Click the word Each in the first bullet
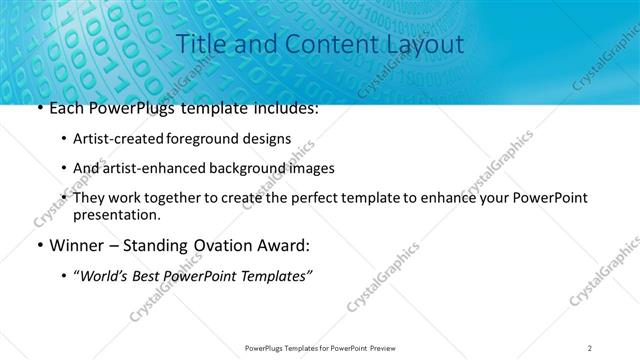pos(66,107)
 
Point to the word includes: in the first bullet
pos(285,107)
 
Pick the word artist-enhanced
pos(152,168)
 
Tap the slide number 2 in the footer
pos(590,347)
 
